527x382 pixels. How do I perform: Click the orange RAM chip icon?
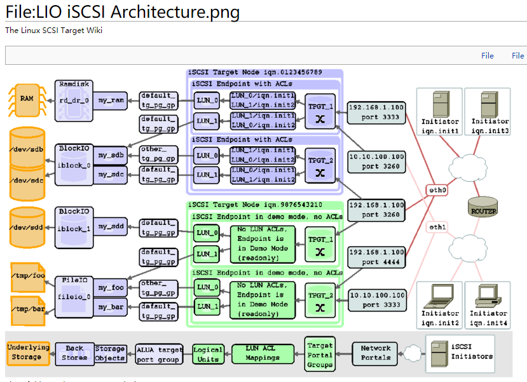tap(27, 100)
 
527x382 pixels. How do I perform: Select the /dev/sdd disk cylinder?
tap(27, 227)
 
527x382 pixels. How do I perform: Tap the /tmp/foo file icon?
tap(27, 275)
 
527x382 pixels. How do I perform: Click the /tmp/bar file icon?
tap(27, 308)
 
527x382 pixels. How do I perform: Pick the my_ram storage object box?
tap(110, 100)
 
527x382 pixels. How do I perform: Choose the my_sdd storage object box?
tap(110, 227)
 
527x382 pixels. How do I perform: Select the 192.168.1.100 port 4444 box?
tap(376, 256)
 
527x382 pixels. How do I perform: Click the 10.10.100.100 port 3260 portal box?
tap(376, 161)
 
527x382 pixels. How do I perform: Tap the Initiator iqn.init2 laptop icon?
tap(439, 294)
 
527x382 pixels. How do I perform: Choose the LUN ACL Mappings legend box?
tap(263, 353)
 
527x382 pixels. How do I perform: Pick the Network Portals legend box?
tap(376, 353)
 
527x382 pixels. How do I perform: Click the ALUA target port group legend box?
tap(159, 354)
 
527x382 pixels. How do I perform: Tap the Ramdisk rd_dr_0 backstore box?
tap(75, 97)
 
